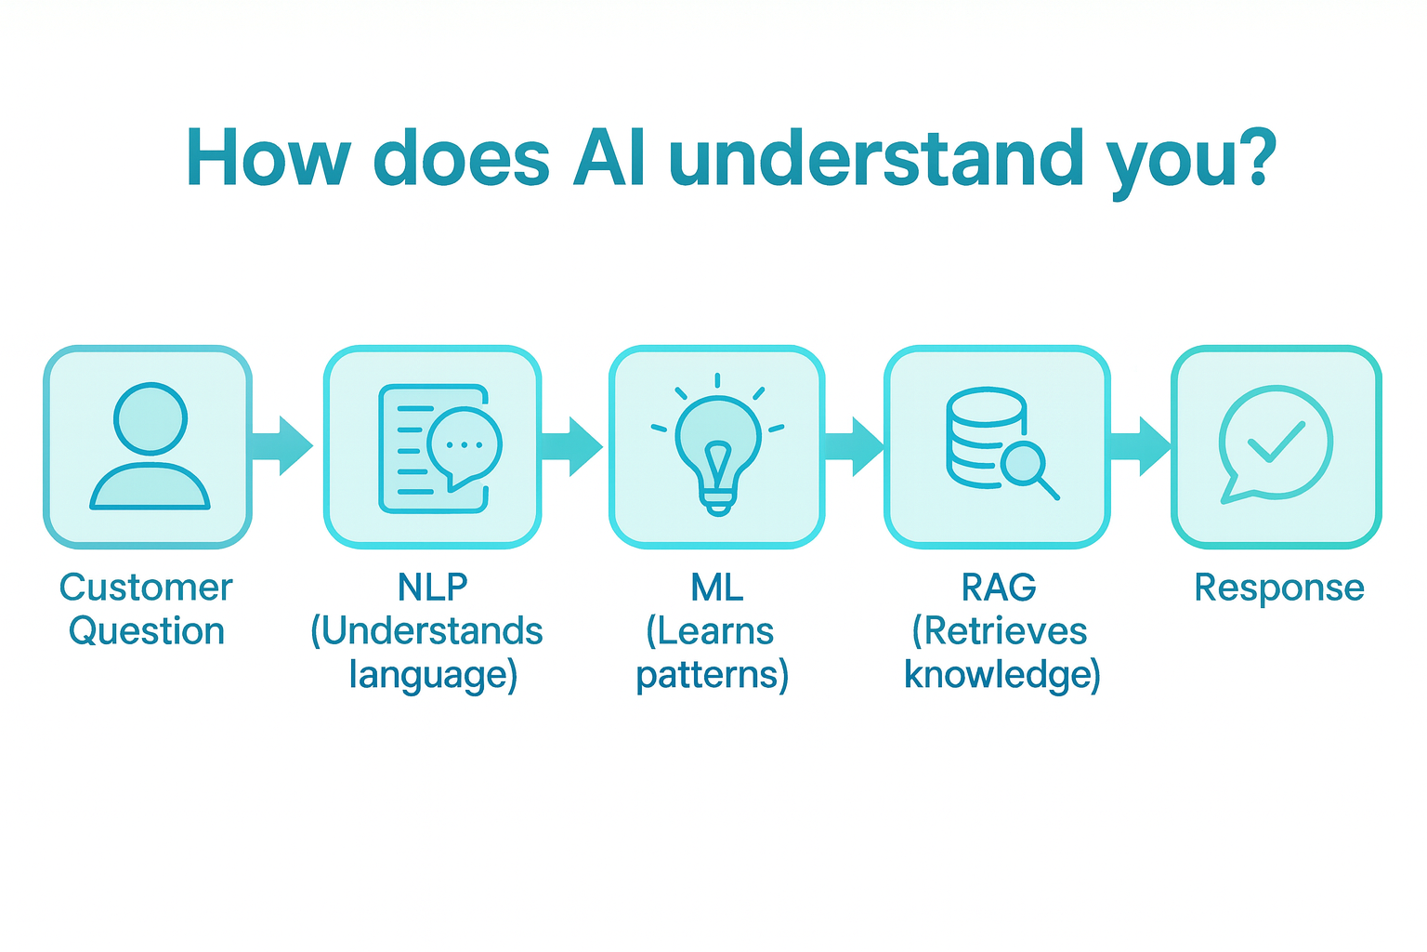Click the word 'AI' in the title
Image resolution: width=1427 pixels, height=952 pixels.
pyautogui.click(x=609, y=158)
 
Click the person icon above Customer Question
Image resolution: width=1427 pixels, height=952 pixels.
pyautogui.click(x=150, y=446)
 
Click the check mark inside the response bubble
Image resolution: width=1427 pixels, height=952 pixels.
pyautogui.click(x=1276, y=442)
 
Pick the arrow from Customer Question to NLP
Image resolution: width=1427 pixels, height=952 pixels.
pyautogui.click(x=282, y=446)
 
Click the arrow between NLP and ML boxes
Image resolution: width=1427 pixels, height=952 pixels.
pyautogui.click(x=571, y=446)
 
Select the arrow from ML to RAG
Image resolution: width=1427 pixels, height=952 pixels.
pyautogui.click(x=854, y=446)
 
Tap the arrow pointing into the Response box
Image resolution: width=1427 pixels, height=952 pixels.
pyautogui.click(x=1141, y=446)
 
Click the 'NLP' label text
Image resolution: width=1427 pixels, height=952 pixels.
pyautogui.click(x=433, y=588)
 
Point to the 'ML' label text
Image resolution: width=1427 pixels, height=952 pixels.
pyautogui.click(x=716, y=588)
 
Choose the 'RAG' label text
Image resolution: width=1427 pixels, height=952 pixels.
pyautogui.click(x=999, y=588)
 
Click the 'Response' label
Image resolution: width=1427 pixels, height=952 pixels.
pyautogui.click(x=1278, y=588)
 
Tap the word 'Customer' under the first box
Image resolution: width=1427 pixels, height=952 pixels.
pyautogui.click(x=146, y=588)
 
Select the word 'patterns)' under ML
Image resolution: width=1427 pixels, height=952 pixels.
pyautogui.click(x=712, y=675)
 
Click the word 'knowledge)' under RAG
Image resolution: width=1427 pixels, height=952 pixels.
pyautogui.click(x=1002, y=675)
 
